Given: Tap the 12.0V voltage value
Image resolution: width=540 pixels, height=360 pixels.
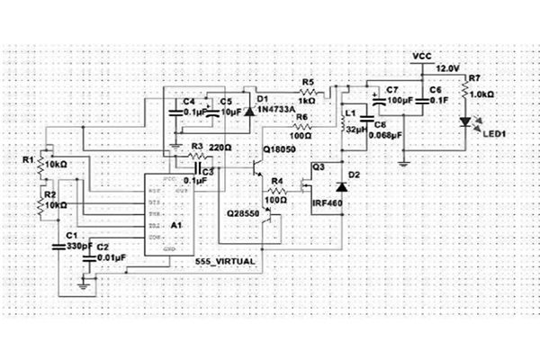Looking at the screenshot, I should (448, 68).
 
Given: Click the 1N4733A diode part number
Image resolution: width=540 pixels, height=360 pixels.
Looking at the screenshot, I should (277, 110).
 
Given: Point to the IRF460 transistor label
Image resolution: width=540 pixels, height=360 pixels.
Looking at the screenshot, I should (327, 205).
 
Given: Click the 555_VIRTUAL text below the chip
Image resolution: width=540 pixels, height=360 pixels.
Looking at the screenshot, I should (226, 260).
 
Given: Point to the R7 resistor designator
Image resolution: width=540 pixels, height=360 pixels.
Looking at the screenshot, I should (474, 79).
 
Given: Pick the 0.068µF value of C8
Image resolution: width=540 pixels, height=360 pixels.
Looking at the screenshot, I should (388, 134).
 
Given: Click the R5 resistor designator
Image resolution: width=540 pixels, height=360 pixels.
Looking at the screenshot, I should (307, 82).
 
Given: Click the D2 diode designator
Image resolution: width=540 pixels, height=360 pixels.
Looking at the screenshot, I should (353, 174).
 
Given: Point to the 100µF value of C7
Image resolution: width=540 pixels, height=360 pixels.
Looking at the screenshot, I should (400, 102).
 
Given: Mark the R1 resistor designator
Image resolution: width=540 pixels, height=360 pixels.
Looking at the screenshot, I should (29, 159).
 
